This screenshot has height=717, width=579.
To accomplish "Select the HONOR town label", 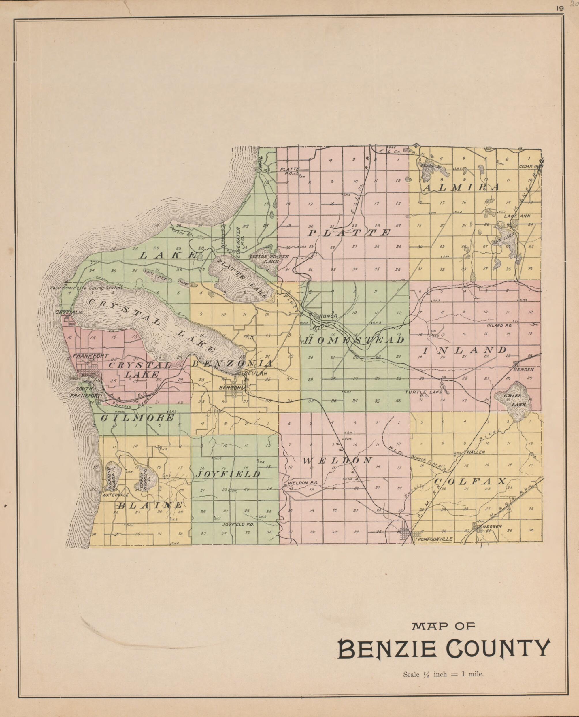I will [328, 316].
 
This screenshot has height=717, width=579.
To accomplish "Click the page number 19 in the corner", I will [560, 9].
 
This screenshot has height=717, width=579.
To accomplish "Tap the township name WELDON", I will [337, 461].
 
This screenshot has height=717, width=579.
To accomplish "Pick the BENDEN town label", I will [523, 369].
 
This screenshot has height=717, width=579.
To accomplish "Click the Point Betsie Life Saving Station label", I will [86, 288].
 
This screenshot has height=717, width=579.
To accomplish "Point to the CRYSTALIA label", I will [69, 312].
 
